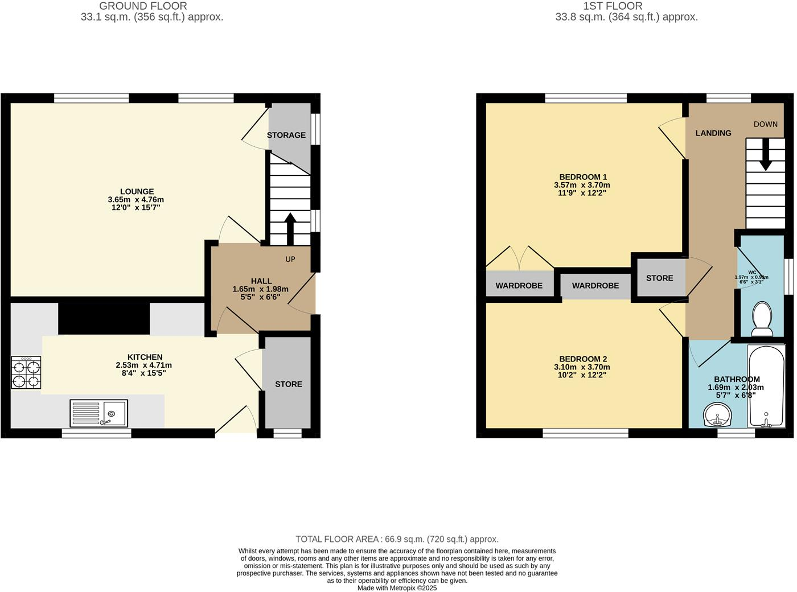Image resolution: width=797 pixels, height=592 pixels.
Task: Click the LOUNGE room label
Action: (137, 192)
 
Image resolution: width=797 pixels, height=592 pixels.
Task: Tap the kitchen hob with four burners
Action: (26, 373)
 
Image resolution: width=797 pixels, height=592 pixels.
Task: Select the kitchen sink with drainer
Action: (99, 413)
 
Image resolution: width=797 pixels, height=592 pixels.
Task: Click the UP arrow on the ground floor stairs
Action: (290, 228)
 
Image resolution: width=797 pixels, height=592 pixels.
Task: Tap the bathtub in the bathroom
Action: (766, 387)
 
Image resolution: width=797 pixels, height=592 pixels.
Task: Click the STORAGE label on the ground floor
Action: (286, 135)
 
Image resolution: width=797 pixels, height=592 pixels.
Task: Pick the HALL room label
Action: (261, 281)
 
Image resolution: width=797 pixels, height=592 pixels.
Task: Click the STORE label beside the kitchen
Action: (289, 384)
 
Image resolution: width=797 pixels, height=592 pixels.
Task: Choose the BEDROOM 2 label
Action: (583, 359)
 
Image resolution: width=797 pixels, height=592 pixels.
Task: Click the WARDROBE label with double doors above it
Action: (519, 286)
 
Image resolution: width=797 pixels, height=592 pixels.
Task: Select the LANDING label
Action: (713, 133)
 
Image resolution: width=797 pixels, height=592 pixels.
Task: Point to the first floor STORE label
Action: (659, 278)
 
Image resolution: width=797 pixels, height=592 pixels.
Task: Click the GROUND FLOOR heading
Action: (143, 6)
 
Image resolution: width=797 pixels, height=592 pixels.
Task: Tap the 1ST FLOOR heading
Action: (613, 6)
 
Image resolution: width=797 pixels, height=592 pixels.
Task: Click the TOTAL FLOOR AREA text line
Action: (397, 539)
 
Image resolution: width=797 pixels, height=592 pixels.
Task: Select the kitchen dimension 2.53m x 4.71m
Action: (144, 365)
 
